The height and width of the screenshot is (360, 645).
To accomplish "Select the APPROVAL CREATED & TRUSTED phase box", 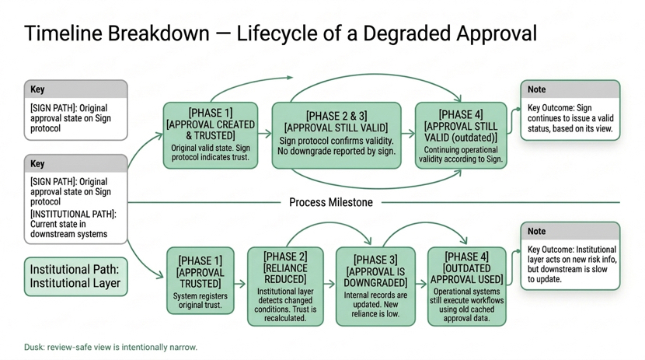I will [211, 135].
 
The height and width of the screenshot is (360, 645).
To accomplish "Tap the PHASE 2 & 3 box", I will [336, 135].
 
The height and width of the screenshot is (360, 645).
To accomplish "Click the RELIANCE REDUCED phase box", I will [286, 286].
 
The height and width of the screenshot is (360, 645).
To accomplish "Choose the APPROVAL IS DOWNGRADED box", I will [375, 286].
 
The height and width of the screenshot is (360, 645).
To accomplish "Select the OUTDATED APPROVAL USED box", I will [466, 285].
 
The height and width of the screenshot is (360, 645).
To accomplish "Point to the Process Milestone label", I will [330, 202].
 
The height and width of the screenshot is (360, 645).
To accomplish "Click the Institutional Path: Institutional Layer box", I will [75, 277].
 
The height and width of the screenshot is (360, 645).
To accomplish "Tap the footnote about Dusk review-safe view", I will [111, 347].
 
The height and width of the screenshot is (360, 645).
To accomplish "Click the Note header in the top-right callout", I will [537, 89].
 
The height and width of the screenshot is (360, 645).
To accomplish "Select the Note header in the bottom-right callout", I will [537, 231].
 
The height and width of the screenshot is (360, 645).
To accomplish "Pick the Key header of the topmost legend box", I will [38, 89].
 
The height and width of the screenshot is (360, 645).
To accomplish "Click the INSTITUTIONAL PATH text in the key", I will [73, 213].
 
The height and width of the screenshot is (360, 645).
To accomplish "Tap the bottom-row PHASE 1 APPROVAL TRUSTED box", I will [200, 280].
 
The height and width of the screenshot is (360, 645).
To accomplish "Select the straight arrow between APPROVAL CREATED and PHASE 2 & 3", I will [265, 134].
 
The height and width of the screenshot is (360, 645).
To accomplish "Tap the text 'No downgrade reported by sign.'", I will [336, 151].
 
